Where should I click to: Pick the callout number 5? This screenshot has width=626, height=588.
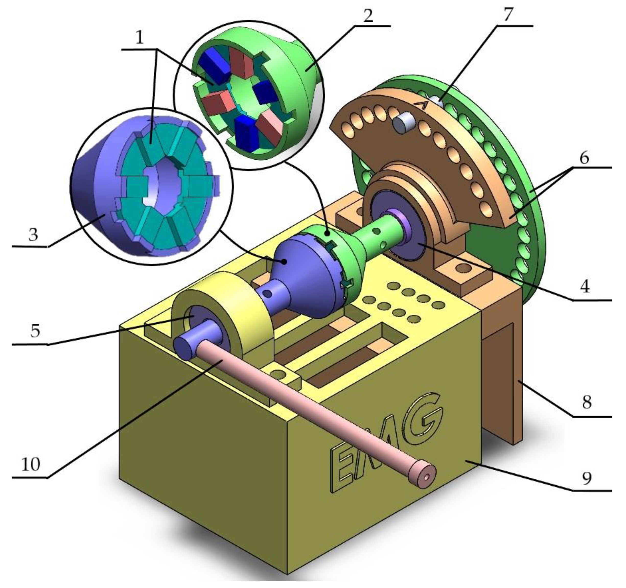coord(35,331)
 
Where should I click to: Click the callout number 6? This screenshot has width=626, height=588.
coord(584,158)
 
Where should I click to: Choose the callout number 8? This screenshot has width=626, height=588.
coord(586,402)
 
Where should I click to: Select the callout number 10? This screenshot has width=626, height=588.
coord(31,465)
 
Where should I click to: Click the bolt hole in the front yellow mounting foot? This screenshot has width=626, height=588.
coord(278,374)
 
